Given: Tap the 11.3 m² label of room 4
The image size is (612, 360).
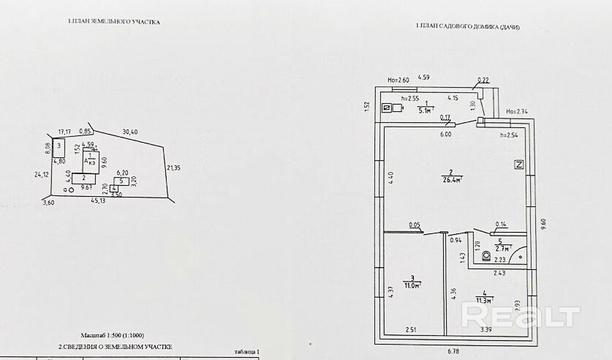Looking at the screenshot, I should [x=483, y=299].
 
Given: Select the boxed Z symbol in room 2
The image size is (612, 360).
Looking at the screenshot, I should [x=519, y=164].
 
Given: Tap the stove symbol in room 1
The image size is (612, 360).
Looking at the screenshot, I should [x=388, y=109].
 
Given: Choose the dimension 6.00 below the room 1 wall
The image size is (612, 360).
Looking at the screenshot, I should [x=445, y=135].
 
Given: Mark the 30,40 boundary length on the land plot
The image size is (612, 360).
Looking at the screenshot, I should [x=130, y=132].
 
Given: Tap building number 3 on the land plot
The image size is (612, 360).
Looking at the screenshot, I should [x=59, y=146].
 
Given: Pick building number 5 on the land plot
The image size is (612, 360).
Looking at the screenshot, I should [x=121, y=181].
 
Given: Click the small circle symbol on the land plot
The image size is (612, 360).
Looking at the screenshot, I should [x=71, y=189].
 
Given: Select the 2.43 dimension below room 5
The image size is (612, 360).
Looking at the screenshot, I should [x=499, y=273].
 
